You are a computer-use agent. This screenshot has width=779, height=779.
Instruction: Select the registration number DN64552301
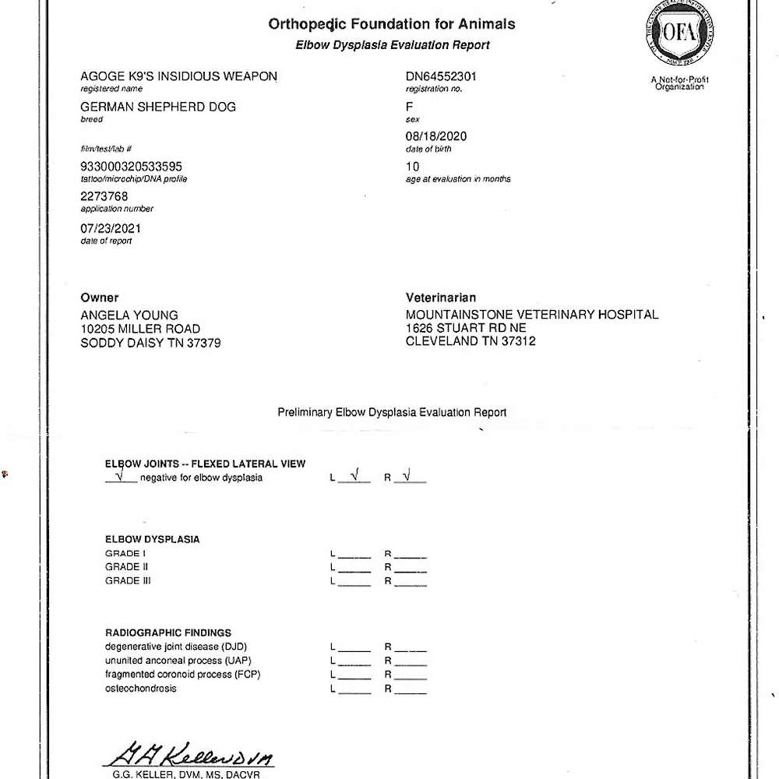coord(442,76)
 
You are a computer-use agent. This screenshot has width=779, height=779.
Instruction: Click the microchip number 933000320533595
coord(132,166)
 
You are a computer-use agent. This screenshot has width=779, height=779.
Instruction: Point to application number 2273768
coord(104,196)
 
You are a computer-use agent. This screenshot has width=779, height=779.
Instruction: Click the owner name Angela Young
coord(129,315)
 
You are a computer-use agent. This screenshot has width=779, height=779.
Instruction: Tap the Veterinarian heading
coord(441,298)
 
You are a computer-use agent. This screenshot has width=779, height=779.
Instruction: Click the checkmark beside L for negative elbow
coord(354,477)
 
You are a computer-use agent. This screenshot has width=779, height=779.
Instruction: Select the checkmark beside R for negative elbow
coord(407,477)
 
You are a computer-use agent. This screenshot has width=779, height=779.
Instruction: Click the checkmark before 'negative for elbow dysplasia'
coord(119,477)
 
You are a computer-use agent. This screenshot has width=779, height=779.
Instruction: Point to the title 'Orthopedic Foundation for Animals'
coord(391,24)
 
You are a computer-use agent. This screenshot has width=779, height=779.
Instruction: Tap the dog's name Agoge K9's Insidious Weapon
coord(178,76)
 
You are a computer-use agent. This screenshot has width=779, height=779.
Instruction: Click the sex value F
coord(411,107)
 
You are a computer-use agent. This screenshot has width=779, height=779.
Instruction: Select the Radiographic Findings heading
coord(168,633)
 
